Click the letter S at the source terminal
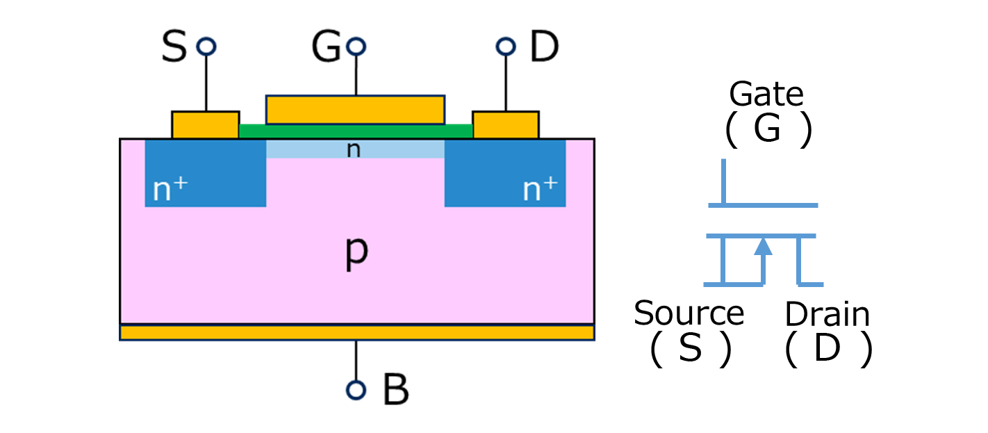pyautogui.click(x=174, y=48)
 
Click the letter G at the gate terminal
pyautogui.click(x=325, y=48)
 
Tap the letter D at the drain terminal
pyautogui.click(x=544, y=48)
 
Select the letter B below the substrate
pyautogui.click(x=395, y=391)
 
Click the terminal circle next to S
pyautogui.click(x=206, y=47)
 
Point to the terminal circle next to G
pyautogui.click(x=356, y=47)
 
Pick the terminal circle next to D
pyautogui.click(x=505, y=47)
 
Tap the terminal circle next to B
pyautogui.click(x=356, y=390)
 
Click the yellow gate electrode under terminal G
pyautogui.click(x=355, y=109)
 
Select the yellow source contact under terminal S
pyautogui.click(x=206, y=124)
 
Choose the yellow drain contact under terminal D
pyautogui.click(x=505, y=124)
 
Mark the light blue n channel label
pyautogui.click(x=354, y=149)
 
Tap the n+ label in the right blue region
pyautogui.click(x=540, y=189)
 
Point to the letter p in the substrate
pyautogui.click(x=356, y=254)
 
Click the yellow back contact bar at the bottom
pyautogui.click(x=356, y=333)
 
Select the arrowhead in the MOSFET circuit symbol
pyautogui.click(x=764, y=246)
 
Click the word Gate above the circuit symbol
pyautogui.click(x=766, y=94)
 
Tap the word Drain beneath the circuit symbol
pyautogui.click(x=827, y=315)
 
